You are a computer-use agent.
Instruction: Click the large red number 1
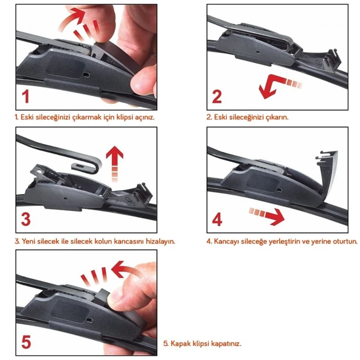tap(26, 97)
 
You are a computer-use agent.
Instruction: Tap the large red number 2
tap(217, 97)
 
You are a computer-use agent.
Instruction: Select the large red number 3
tap(26, 220)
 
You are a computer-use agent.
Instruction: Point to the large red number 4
tap(217, 220)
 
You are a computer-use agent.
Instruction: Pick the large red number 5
tap(26, 342)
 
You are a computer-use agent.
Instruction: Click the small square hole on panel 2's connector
tap(258, 52)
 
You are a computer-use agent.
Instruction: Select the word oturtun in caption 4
tap(346, 241)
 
